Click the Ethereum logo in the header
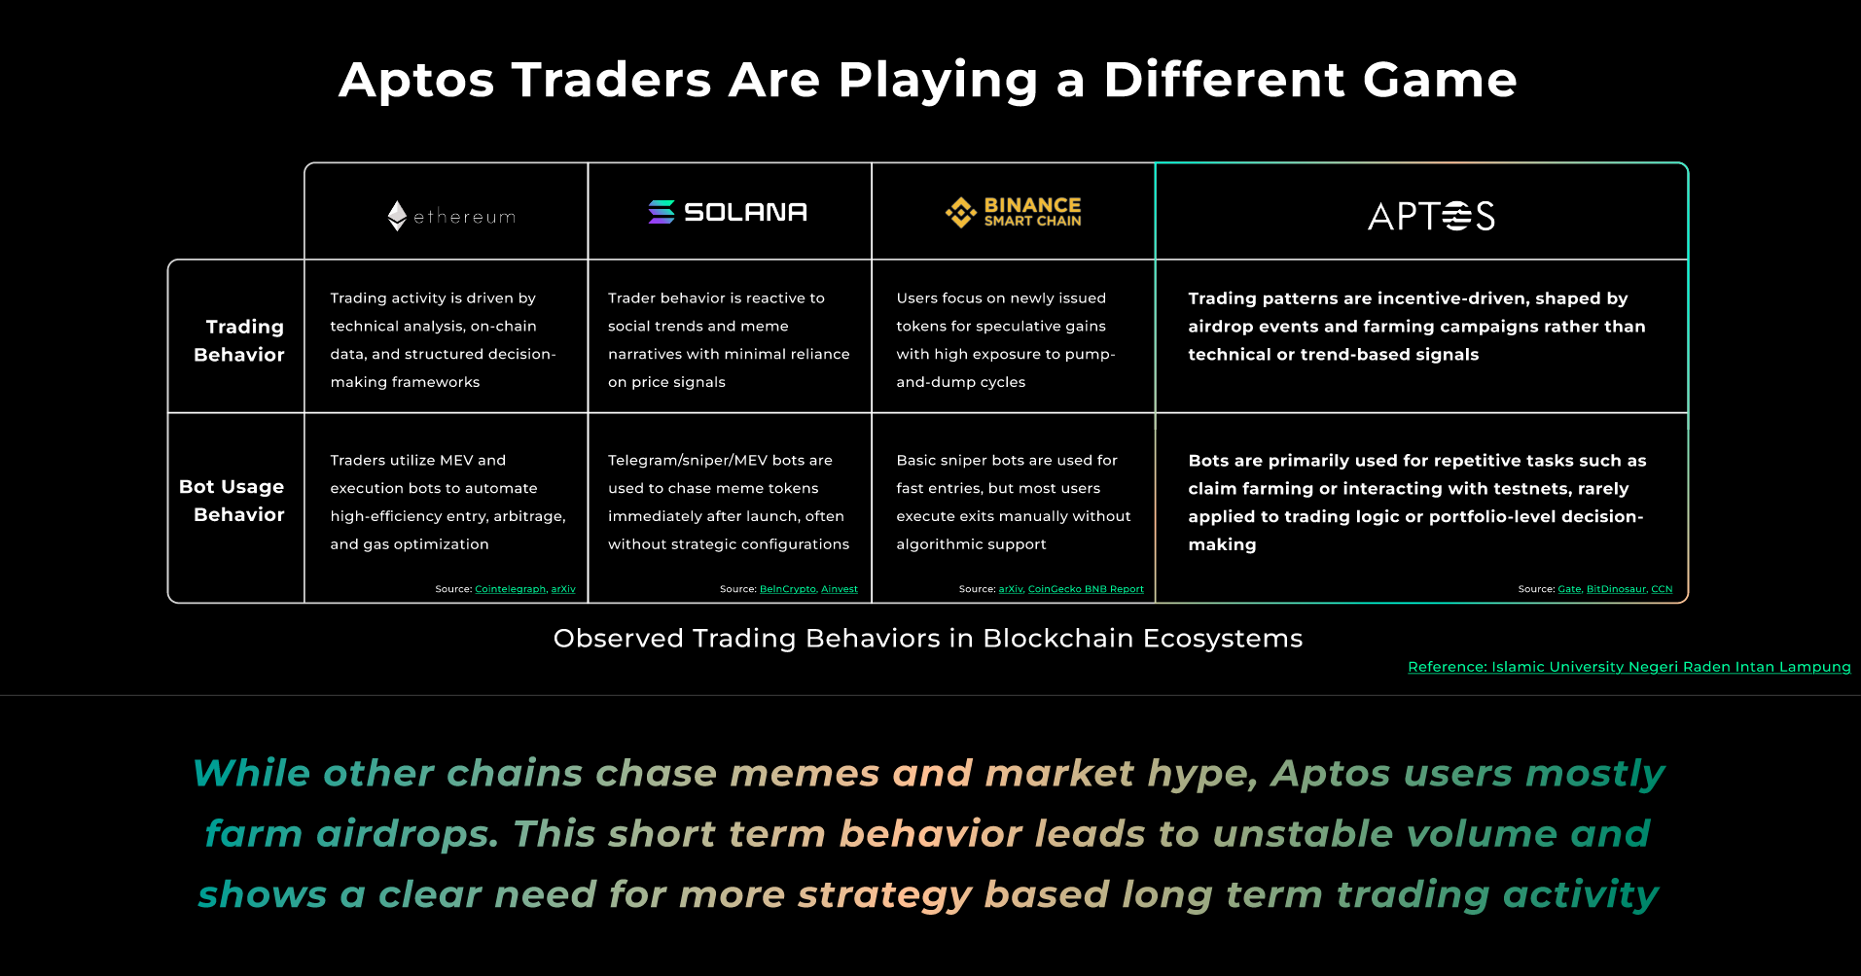tap(451, 216)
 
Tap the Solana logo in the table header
tap(728, 212)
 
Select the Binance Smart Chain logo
tap(1013, 212)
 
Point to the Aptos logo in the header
tap(1431, 216)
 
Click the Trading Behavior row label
tap(239, 340)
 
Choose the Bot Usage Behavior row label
tap(232, 500)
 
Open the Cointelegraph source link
tap(510, 589)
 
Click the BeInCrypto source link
tap(787, 589)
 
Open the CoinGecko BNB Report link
tap(1086, 589)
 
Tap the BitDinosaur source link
tap(1616, 589)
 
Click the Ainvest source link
tap(840, 589)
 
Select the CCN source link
tap(1662, 589)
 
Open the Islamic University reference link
tap(1629, 667)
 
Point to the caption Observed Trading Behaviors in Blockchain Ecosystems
tap(928, 639)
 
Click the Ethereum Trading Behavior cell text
tap(443, 340)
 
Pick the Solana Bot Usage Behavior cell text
tap(729, 502)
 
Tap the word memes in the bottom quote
tap(805, 774)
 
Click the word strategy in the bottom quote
tap(884, 895)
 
